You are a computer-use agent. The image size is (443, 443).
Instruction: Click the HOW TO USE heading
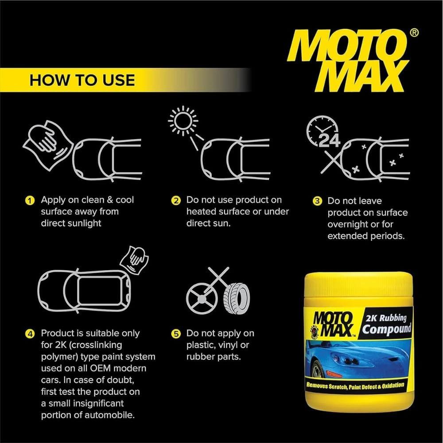click(x=82, y=80)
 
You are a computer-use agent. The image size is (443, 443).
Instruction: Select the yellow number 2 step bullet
click(x=176, y=200)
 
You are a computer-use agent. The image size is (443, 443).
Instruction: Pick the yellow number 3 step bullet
click(x=317, y=201)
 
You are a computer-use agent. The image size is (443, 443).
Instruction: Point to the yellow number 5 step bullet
click(x=176, y=334)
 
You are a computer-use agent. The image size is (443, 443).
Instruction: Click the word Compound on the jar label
click(x=386, y=329)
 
